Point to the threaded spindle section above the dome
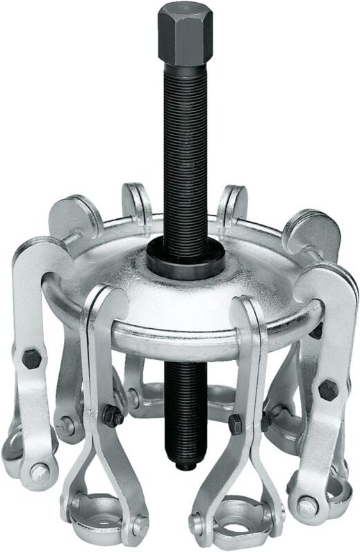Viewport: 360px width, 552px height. (x=181, y=153)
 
